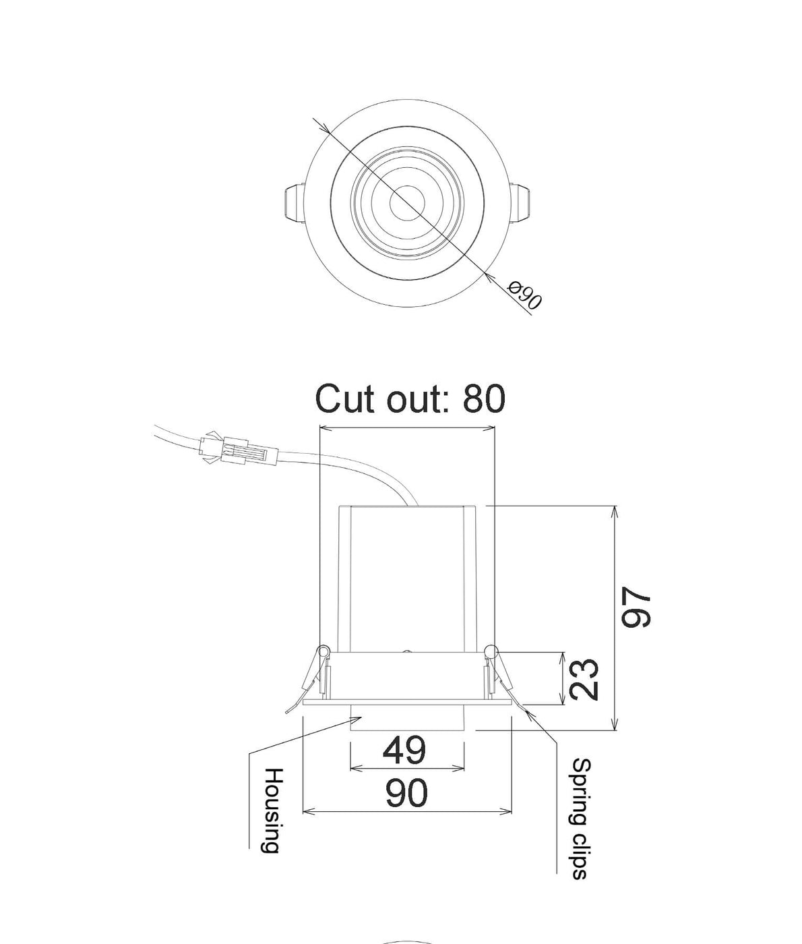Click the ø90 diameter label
coord(524,297)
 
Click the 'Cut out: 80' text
coord(410,399)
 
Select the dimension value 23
coord(582,680)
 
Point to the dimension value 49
coord(404,750)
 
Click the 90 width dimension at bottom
coord(406,793)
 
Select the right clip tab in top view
coord(523,203)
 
